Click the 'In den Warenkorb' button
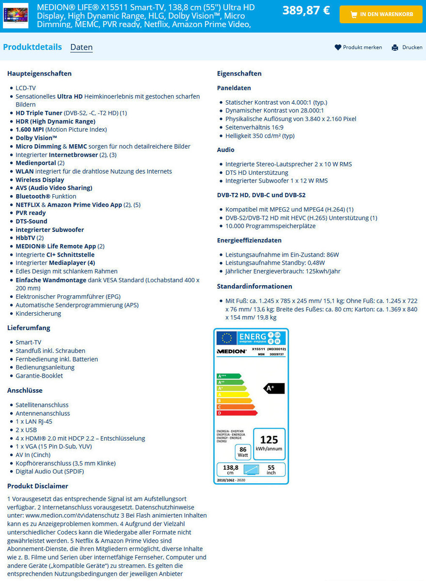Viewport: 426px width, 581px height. click(381, 15)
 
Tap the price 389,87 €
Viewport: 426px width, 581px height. click(306, 10)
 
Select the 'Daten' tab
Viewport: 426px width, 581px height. click(81, 47)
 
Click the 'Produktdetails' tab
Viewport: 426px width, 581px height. click(32, 47)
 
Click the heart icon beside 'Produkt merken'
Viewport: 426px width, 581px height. click(338, 47)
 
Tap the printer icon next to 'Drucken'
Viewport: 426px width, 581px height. click(395, 47)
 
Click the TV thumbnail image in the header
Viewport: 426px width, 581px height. click(16, 15)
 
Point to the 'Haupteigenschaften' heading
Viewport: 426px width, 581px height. click(39, 74)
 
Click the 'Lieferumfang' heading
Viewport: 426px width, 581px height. click(29, 328)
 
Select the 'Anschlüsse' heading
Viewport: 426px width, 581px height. click(25, 390)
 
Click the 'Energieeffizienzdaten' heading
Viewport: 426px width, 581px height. click(249, 240)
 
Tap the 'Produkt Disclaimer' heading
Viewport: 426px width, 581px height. click(38, 486)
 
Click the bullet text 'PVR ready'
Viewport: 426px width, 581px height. click(31, 213)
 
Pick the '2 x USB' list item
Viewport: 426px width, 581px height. click(26, 430)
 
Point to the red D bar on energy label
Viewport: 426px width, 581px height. click(237, 413)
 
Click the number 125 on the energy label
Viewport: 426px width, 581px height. click(269, 440)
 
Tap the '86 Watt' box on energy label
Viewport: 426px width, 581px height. click(243, 452)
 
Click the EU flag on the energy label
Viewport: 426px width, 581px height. click(227, 337)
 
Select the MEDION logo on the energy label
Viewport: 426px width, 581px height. click(232, 352)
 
